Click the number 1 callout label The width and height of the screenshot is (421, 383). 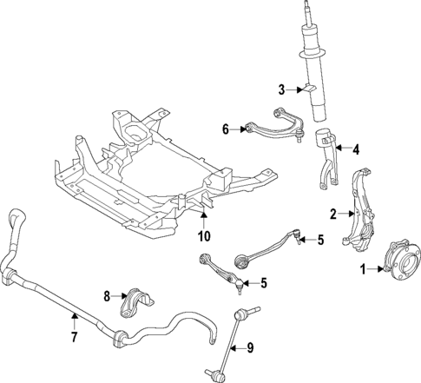pyautogui.click(x=365, y=270)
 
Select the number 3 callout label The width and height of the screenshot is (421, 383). pyautogui.click(x=282, y=89)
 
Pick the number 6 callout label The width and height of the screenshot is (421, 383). pyautogui.click(x=226, y=129)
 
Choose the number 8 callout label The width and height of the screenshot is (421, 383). pyautogui.click(x=109, y=296)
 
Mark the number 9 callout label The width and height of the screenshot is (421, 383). pyautogui.click(x=250, y=348)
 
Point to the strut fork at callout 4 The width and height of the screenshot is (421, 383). pyautogui.click(x=327, y=156)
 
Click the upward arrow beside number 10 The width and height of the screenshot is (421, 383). pyautogui.click(x=203, y=217)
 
